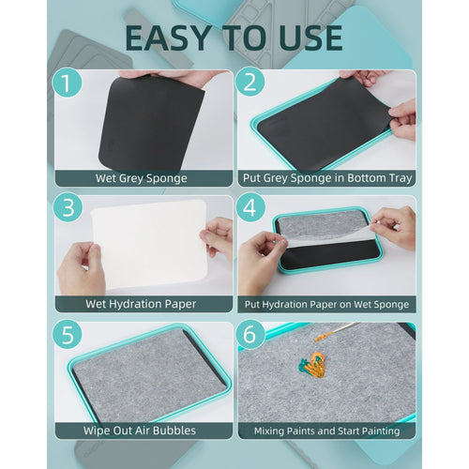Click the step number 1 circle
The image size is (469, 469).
tap(68, 83)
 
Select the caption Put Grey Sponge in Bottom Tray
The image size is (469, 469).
tap(326, 177)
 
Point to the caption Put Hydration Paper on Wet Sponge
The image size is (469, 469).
tap(326, 304)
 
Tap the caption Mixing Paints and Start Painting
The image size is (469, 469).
tap(326, 431)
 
